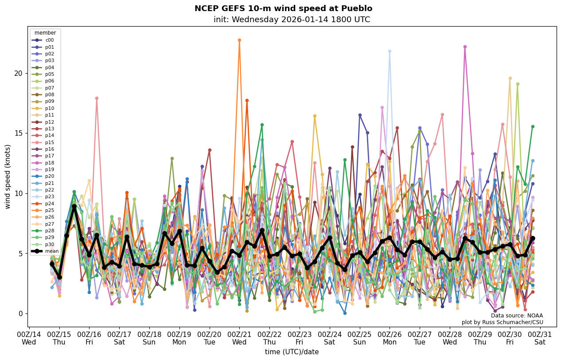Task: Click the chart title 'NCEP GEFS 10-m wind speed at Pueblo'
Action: [x=283, y=8]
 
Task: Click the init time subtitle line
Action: [x=292, y=20]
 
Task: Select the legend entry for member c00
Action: [x=49, y=40]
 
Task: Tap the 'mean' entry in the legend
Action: [x=51, y=251]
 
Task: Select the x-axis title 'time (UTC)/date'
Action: [x=292, y=352]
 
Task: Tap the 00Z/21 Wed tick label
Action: [x=239, y=337]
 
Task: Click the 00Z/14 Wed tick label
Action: [x=29, y=337]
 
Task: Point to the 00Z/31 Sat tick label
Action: [x=540, y=337]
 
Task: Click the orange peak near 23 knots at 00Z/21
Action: [x=239, y=40]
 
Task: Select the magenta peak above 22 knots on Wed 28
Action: [x=465, y=47]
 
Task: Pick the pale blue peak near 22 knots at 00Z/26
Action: [x=390, y=51]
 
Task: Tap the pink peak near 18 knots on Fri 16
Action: [x=97, y=98]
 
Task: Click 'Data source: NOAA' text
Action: [x=517, y=316]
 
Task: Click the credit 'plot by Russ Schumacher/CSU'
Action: [x=502, y=322]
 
